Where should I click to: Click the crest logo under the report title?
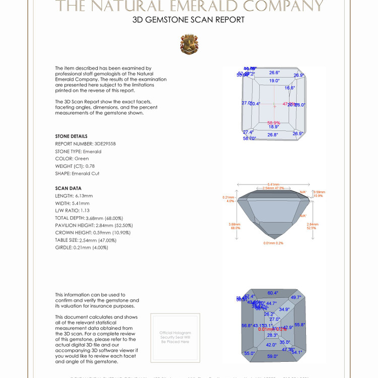coord(189,44)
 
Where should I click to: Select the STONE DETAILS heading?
coord(71,136)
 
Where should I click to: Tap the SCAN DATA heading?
coord(68,188)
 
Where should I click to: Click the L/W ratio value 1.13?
coord(86,210)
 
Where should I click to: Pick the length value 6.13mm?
coord(84,196)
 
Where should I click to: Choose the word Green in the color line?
coord(82,159)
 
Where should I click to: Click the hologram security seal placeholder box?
coord(175,337)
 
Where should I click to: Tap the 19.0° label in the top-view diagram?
coord(274,81)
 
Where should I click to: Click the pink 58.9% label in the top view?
coord(274,122)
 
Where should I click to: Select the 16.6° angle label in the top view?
coord(289,88)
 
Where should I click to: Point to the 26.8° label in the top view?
coord(273,135)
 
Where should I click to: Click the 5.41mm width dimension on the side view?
coord(273,184)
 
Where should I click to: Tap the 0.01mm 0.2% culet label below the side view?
coord(273,243)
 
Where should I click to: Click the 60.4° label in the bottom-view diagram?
coord(273,293)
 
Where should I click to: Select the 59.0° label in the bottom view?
coord(272,356)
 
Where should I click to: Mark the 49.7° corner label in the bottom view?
coord(296,297)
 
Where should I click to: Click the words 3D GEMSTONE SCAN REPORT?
coord(188,20)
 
